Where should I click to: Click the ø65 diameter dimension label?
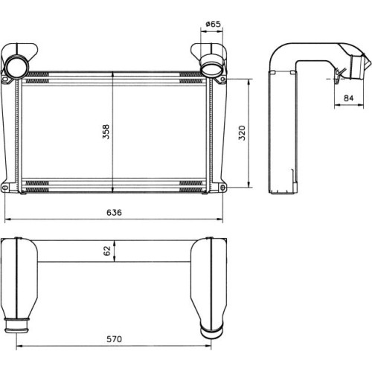213,24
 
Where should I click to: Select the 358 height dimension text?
106,132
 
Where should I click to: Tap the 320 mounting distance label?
242,133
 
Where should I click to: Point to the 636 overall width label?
114,213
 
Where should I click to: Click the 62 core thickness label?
107,251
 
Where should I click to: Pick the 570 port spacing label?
114,339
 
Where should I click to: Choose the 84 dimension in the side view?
348,98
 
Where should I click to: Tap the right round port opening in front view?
212,68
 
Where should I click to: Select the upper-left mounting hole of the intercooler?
4,80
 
